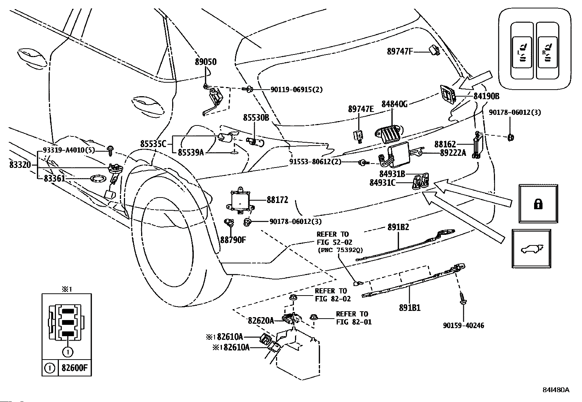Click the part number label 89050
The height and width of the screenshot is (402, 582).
coord(205,62)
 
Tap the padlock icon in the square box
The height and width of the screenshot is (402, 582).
coord(538,204)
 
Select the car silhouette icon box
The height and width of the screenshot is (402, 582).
coord(531,248)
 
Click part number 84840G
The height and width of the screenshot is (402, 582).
coord(394,104)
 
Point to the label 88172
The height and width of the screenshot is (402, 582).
coord(277,200)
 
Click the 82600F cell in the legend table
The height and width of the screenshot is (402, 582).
coord(75,368)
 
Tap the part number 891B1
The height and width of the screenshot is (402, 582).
coord(409,308)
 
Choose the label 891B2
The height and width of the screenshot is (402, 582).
coord(398,227)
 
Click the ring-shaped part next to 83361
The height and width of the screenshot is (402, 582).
coord(98,179)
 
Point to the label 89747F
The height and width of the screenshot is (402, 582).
coord(400,52)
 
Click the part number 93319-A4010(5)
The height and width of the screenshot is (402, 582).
coord(69,150)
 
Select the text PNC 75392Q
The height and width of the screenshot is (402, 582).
coord(340,250)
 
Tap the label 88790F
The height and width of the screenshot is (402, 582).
coord(233,240)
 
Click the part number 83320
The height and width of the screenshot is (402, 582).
coord(20,165)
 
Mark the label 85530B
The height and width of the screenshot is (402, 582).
coord(256,118)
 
